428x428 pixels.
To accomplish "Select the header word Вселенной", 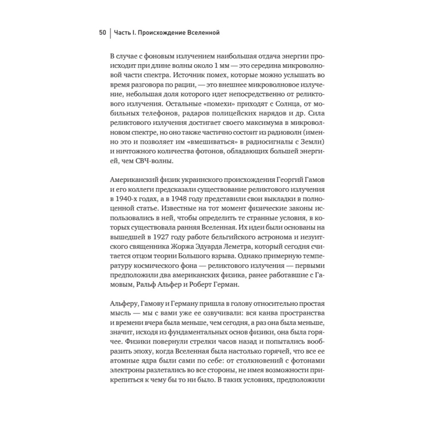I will pyautogui.click(x=203, y=33).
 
